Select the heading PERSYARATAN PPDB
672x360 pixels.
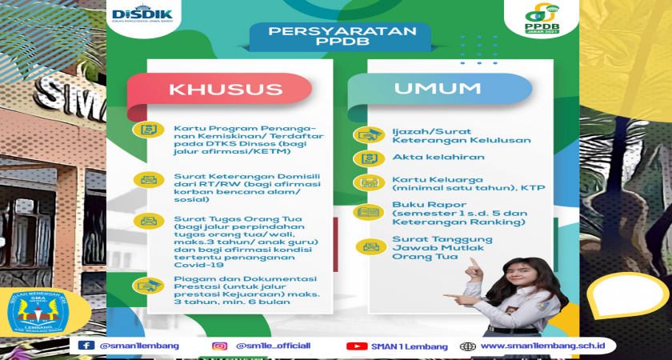(x=341, y=37)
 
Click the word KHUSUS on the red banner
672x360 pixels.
(x=226, y=89)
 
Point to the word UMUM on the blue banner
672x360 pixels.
(x=437, y=88)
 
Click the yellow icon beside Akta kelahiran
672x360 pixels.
(x=369, y=158)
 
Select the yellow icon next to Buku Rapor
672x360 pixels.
(x=369, y=212)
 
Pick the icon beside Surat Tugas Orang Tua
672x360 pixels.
(x=148, y=221)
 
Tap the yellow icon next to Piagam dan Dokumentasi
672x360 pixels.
(x=148, y=286)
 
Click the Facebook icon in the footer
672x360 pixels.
(x=86, y=346)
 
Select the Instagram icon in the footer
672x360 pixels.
(x=220, y=346)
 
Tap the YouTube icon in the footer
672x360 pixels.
(x=357, y=346)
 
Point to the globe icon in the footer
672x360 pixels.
(x=467, y=346)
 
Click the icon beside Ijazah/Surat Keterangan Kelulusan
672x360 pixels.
(x=369, y=135)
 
